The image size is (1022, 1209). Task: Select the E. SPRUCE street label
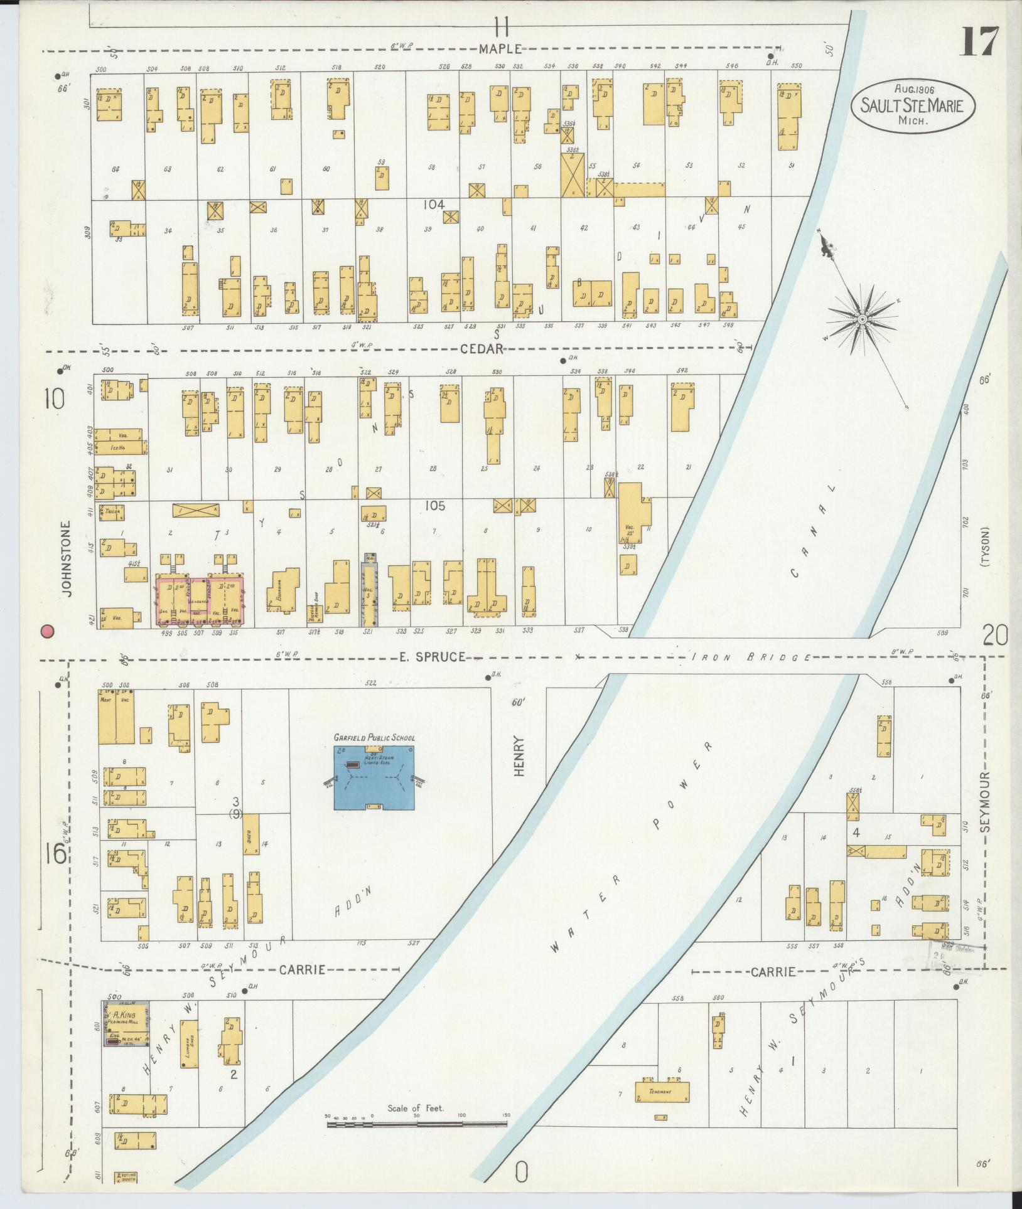(432, 657)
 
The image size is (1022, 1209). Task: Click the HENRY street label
(519, 757)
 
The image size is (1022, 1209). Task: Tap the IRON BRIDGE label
(751, 658)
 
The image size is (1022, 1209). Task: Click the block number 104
(433, 205)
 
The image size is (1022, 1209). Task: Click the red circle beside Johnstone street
(46, 631)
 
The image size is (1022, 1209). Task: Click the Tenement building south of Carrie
(662, 1091)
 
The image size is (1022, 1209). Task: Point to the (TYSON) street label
(986, 547)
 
